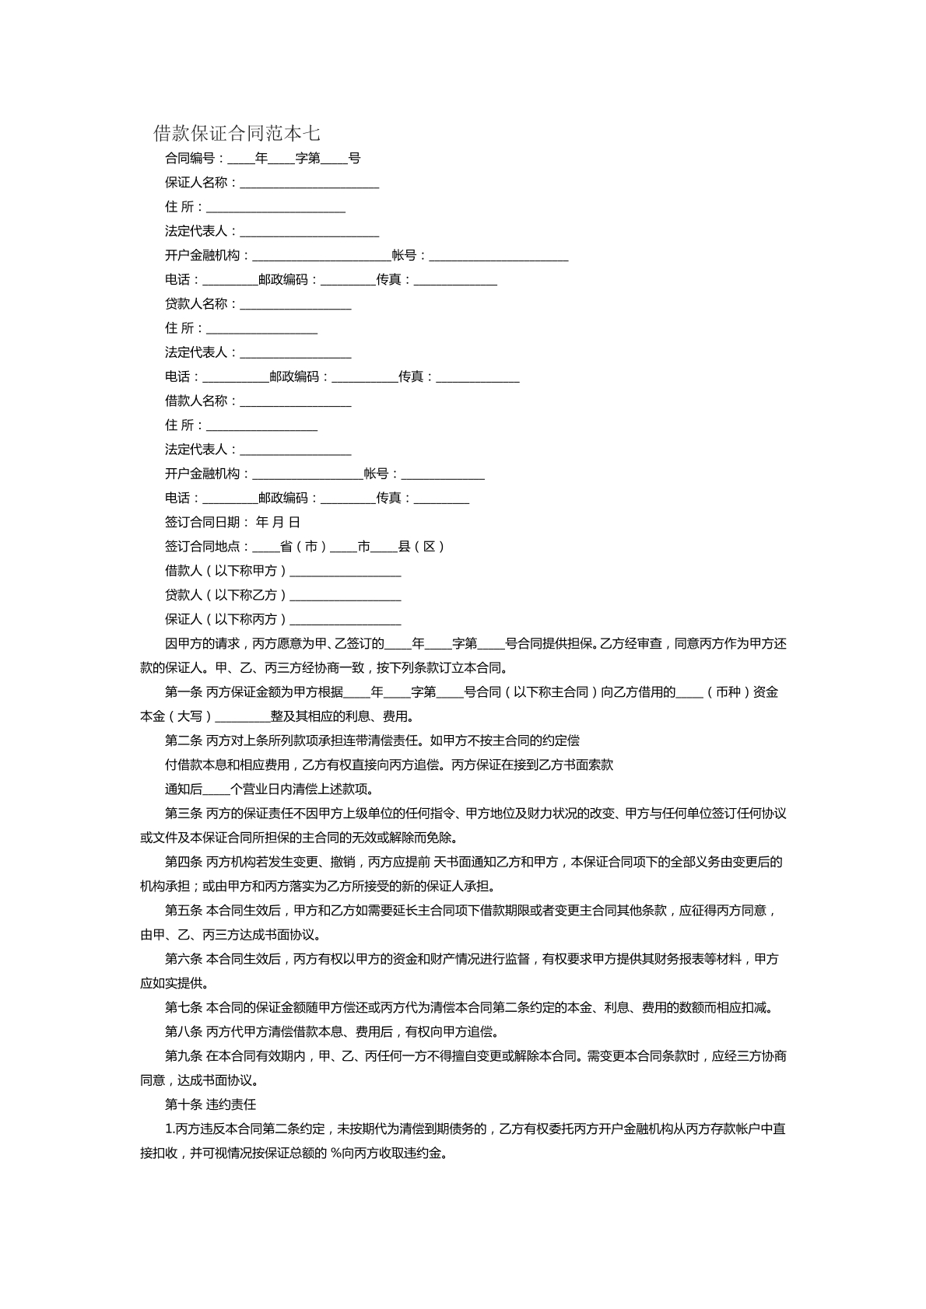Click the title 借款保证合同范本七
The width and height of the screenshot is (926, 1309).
[237, 133]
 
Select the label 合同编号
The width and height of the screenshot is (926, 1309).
[190, 159]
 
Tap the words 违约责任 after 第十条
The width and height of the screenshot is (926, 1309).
[231, 1104]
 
